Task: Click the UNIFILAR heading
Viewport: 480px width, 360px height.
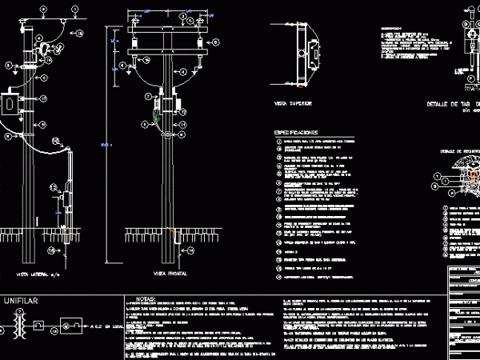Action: [22, 301]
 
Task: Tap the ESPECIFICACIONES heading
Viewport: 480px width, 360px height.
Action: [295, 131]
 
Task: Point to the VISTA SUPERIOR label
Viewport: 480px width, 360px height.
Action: [292, 104]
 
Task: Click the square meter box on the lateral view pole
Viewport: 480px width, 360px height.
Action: [11, 103]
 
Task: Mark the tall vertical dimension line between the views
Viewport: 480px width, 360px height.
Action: [115, 144]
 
